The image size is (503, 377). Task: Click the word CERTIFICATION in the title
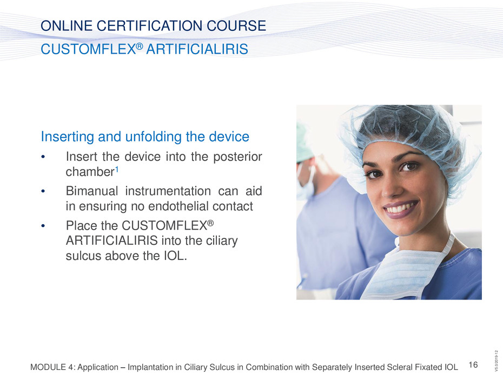pos(150,25)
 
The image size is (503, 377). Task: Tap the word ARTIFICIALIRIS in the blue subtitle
pos(197,49)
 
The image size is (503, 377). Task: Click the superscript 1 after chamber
pos(117,169)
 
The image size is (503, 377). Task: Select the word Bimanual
pos(92,191)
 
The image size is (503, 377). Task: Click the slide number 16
pos(473,365)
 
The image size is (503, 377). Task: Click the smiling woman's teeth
pos(401,208)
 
